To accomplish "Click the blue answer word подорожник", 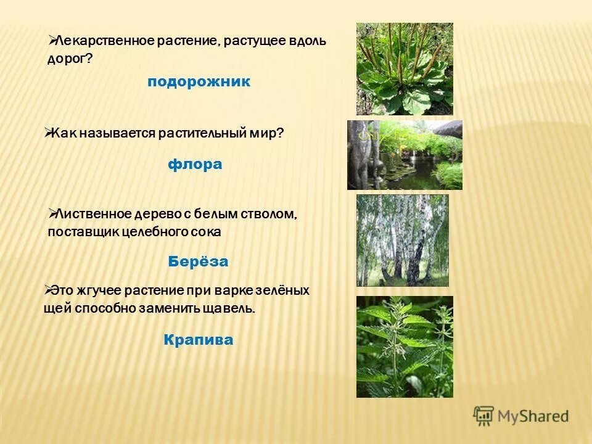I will tap(199, 82).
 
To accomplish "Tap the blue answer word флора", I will tap(195, 165).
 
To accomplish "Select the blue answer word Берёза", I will tap(198, 261).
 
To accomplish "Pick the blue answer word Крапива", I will tap(199, 340).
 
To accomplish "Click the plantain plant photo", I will tap(405, 69).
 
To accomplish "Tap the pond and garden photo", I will tap(405, 155).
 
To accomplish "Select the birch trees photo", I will tap(402, 240).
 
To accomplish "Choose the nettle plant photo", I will tap(405, 347).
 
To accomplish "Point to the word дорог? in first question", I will tap(70, 59).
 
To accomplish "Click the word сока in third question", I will tap(208, 232).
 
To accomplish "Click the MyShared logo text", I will tap(533, 416).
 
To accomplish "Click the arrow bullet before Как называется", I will tap(48, 131).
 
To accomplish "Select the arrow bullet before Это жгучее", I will tap(48, 289).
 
